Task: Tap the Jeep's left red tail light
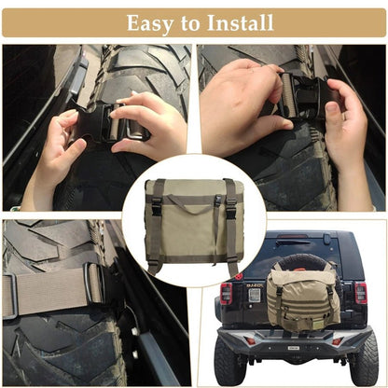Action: pyautogui.click(x=226, y=294)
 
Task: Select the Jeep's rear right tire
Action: pyautogui.click(x=363, y=361)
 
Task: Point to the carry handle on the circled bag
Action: pyautogui.click(x=194, y=198)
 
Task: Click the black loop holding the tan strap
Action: pyautogui.click(x=93, y=282)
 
